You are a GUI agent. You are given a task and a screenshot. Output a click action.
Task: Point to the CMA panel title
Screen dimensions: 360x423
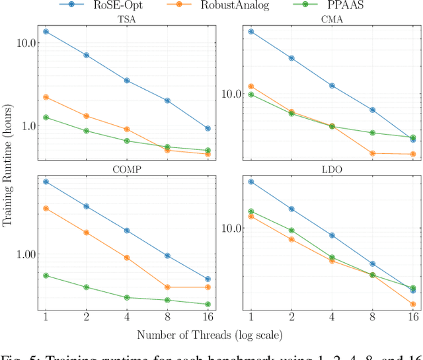pyautogui.click(x=332, y=19)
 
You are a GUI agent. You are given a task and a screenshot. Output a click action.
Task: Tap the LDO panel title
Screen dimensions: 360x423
pyautogui.click(x=332, y=169)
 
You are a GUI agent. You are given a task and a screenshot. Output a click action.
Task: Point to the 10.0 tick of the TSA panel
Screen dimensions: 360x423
pyautogui.click(x=24, y=43)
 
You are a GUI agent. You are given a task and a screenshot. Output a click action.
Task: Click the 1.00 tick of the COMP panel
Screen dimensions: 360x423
pyautogui.click(x=24, y=255)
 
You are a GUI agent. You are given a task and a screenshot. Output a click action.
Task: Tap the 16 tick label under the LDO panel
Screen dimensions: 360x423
pyautogui.click(x=413, y=318)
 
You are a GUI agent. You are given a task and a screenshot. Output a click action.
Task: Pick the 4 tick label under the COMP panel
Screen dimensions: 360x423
pyautogui.click(x=127, y=318)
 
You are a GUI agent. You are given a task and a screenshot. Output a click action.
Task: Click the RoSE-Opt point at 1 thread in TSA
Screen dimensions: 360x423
pyautogui.click(x=46, y=31)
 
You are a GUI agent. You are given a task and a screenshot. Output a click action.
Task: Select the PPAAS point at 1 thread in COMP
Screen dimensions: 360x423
pyautogui.click(x=46, y=275)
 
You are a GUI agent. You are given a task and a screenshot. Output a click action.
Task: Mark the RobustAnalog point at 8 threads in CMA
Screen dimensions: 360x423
pyautogui.click(x=372, y=153)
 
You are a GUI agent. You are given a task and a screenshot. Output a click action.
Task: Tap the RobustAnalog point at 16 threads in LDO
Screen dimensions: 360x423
pyautogui.click(x=413, y=305)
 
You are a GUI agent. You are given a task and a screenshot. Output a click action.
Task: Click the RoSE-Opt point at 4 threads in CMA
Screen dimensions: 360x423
pyautogui.click(x=332, y=86)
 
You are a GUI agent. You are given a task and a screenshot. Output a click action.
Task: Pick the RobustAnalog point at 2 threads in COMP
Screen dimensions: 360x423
pyautogui.click(x=86, y=233)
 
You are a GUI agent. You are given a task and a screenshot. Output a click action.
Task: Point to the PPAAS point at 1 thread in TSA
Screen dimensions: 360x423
pyautogui.click(x=46, y=118)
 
